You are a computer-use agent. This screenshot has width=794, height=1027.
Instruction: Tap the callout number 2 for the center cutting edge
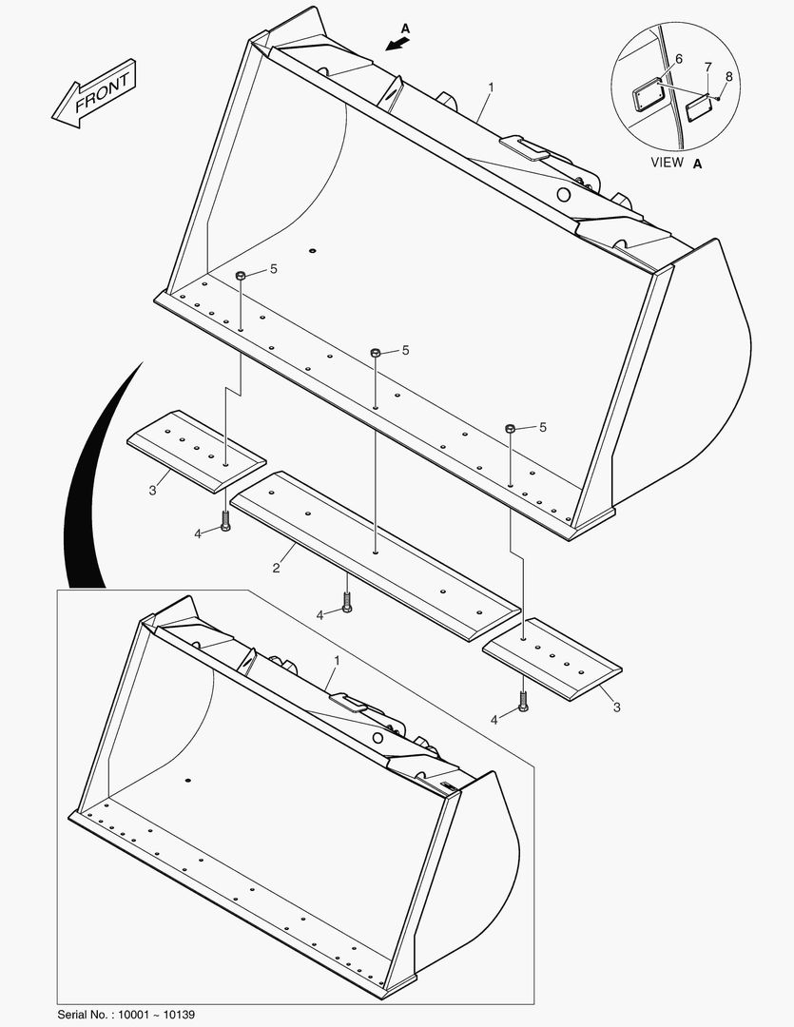276,568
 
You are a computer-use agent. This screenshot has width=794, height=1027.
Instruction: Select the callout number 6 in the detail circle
678,59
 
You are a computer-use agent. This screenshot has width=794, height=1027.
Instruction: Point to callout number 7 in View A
707,67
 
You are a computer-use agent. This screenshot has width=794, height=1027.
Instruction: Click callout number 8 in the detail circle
728,75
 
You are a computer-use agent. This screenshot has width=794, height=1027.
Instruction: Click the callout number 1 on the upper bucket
491,87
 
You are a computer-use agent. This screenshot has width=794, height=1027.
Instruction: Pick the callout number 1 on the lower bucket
336,659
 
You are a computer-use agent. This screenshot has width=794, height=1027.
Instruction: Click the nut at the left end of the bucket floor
241,275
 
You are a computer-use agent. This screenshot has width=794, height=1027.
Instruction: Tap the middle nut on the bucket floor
376,353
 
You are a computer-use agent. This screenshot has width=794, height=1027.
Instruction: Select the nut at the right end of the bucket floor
511,429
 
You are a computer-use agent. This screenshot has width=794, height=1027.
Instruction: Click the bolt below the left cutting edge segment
225,521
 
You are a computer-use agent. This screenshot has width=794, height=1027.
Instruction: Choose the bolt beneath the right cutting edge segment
523,702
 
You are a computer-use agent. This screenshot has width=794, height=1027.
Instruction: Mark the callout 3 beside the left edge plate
152,490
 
